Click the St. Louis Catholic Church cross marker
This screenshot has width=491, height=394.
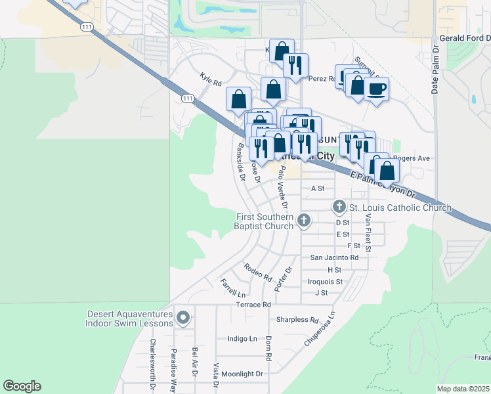(x=339, y=207)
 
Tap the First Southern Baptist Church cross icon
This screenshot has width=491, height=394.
(x=304, y=221)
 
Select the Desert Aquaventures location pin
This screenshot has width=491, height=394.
(x=183, y=318)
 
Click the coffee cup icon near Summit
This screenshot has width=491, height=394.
(x=376, y=89)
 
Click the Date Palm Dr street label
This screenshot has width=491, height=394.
(x=435, y=70)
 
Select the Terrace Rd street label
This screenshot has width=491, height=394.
(x=254, y=305)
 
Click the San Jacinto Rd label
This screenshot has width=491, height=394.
(x=334, y=257)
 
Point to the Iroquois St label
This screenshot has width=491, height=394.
(x=326, y=281)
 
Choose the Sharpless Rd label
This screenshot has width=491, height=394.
(x=292, y=320)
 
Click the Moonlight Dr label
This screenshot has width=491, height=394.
(x=242, y=374)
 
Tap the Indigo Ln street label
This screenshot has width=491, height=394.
(x=242, y=339)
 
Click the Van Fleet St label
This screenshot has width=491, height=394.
(x=368, y=233)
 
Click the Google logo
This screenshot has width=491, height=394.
(x=22, y=386)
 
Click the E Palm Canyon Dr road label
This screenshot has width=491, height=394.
(x=383, y=185)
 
